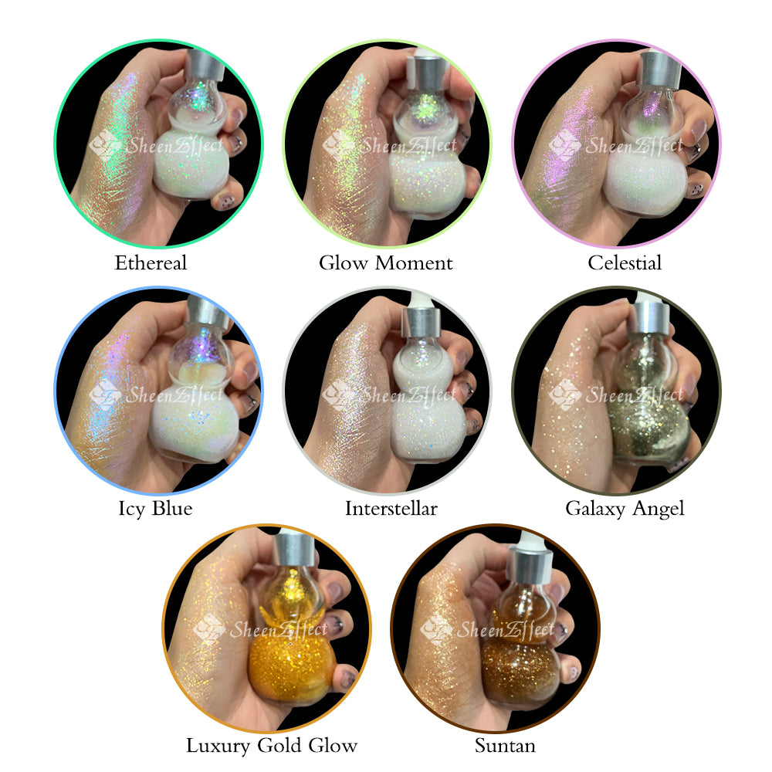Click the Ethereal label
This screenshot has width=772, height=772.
[x=151, y=262]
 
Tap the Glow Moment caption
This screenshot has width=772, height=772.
[x=385, y=262]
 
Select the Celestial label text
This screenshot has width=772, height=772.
[x=625, y=262]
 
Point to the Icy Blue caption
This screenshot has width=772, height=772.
[x=155, y=509]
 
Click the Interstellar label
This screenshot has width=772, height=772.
[x=391, y=508]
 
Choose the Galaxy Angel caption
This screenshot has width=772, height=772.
[x=625, y=509]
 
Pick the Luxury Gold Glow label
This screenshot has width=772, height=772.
[x=271, y=746]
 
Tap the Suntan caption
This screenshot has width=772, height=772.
[x=505, y=746]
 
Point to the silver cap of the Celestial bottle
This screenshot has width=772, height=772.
[x=660, y=69]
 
